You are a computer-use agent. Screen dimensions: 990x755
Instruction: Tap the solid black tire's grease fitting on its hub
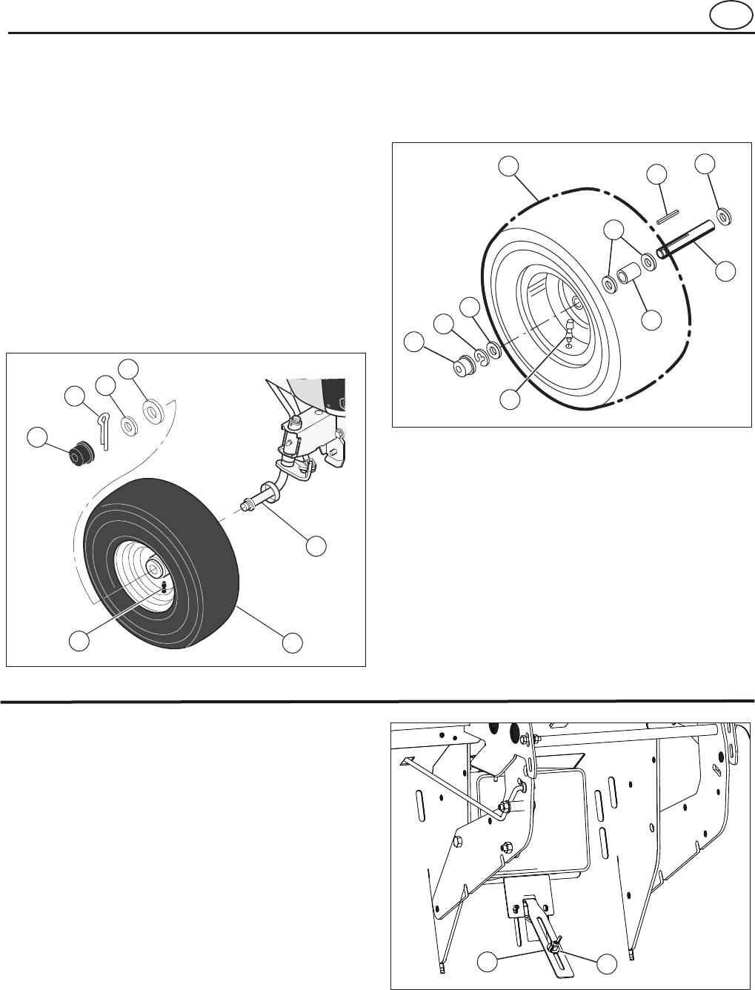pyautogui.click(x=163, y=586)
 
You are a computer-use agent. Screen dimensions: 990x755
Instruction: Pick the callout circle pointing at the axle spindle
pyautogui.click(x=316, y=545)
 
